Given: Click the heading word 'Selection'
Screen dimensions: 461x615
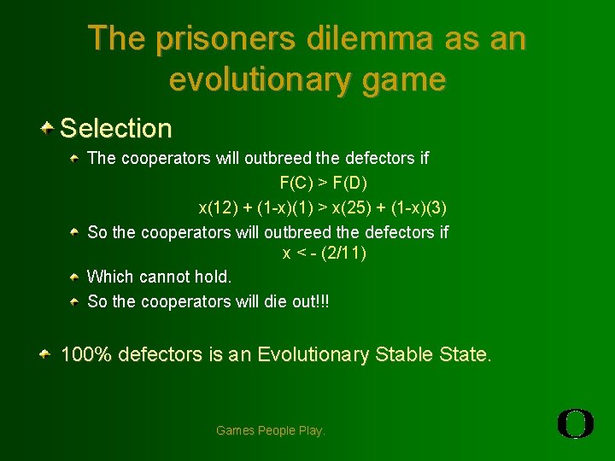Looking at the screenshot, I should coord(116,129).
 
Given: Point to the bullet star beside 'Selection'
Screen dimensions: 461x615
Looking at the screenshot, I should coord(49,128).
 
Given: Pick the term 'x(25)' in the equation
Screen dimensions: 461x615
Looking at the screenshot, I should coord(351,207).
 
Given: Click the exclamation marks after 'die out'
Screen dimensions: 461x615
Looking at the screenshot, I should coord(322,301).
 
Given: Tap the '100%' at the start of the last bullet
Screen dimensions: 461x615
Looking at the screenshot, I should coord(86,354).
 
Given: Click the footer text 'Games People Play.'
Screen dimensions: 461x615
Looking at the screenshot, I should coord(271,430).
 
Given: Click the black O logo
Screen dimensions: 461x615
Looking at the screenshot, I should coord(576,423).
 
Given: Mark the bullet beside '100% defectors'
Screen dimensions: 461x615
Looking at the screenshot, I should coord(49,353).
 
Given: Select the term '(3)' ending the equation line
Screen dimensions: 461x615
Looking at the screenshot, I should coord(436,207).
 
